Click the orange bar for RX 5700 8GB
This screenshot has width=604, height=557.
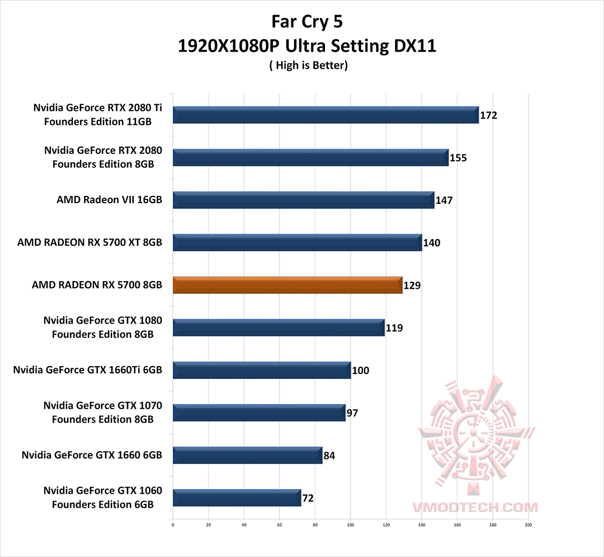(287, 285)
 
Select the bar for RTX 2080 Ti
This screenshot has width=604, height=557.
(325, 115)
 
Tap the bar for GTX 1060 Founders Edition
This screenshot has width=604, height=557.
(237, 498)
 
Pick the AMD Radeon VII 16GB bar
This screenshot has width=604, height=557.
(303, 200)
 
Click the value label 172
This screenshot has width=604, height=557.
(488, 116)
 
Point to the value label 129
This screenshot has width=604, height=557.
(412, 285)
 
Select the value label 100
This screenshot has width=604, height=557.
(360, 371)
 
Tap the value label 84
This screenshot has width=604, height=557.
(329, 456)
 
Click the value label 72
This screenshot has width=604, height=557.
(308, 498)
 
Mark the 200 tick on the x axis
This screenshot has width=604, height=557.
(528, 525)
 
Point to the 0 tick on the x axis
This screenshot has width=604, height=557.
(173, 525)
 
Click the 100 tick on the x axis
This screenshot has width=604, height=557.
(351, 525)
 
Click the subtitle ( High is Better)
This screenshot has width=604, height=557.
(308, 65)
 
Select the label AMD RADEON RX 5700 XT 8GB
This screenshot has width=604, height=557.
(89, 243)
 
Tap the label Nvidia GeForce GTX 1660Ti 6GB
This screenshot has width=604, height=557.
(87, 370)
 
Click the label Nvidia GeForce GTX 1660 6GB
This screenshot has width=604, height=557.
(92, 455)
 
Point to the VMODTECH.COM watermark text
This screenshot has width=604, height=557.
(475, 507)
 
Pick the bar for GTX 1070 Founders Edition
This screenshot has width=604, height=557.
(259, 413)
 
